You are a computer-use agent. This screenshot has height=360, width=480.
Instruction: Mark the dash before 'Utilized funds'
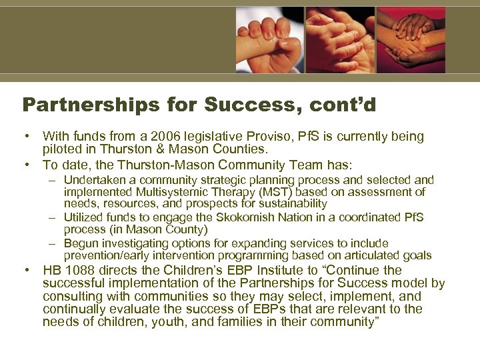[x=53, y=217]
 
